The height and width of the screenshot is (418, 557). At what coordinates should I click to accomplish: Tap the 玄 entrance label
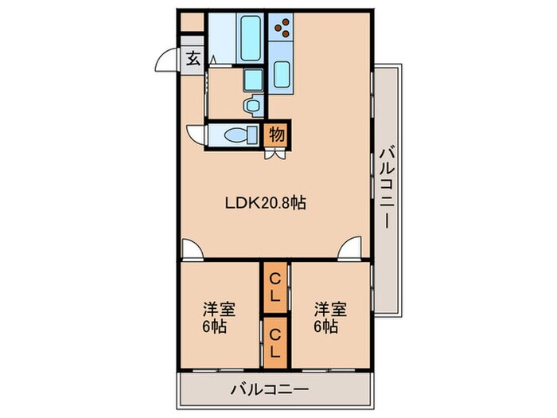[193, 59]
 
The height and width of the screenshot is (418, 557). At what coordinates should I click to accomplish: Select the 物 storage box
[276, 135]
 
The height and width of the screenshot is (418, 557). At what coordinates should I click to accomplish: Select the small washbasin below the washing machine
[254, 103]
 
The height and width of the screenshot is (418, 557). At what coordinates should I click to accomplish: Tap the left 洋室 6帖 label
[216, 317]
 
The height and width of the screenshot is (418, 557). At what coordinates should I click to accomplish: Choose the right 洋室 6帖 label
[328, 317]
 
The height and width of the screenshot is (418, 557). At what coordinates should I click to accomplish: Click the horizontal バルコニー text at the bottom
[269, 390]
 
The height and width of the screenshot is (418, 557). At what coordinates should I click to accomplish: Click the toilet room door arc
[196, 133]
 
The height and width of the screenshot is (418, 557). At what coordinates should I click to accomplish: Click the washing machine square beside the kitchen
[254, 80]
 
